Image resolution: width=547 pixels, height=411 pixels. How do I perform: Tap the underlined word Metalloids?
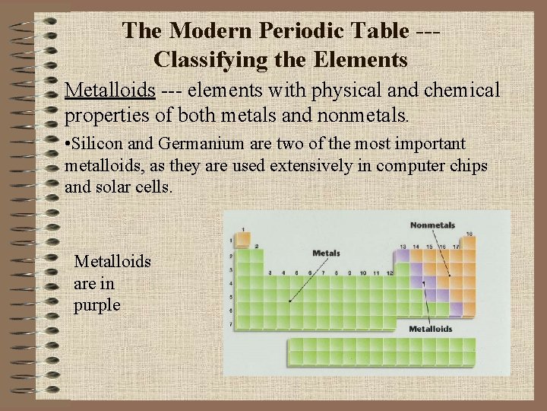click(110, 91)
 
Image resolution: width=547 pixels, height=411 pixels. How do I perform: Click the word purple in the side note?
click(96, 305)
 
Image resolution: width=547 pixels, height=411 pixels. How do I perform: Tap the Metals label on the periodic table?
click(326, 253)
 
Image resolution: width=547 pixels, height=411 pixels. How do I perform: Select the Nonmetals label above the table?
click(432, 225)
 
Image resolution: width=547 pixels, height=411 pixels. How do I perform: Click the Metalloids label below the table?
click(431, 330)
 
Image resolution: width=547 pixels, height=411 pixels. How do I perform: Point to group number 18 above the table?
click(470, 234)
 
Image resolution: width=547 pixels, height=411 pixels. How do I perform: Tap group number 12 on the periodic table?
click(390, 272)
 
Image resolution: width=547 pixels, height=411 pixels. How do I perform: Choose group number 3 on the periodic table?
click(270, 272)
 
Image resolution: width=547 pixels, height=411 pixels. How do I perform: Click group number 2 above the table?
click(256, 247)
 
